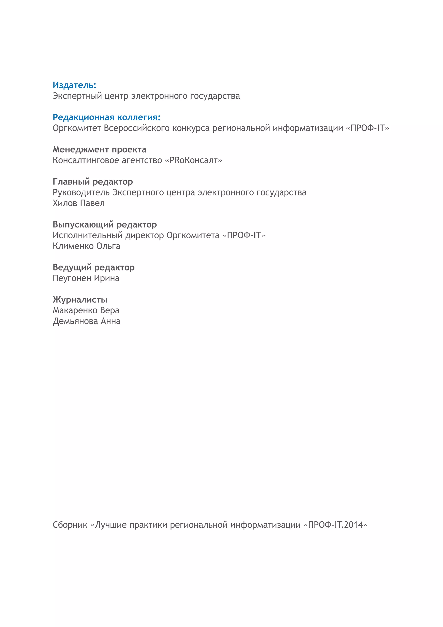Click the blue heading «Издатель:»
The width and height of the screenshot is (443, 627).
point(74,85)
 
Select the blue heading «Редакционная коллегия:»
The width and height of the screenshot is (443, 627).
point(106,118)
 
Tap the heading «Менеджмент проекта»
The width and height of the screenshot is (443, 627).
point(99,150)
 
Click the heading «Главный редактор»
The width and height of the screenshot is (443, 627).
point(93,182)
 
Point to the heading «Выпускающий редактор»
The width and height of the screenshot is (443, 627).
point(104,225)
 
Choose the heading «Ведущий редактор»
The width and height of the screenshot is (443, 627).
point(93,268)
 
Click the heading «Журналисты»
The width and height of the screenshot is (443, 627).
point(80,300)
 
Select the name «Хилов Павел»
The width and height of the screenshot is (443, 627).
point(79,203)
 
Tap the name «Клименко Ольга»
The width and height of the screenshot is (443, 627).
point(86,246)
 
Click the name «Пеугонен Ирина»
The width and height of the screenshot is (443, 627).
point(86,278)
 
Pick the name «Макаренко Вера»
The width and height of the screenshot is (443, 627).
point(86,311)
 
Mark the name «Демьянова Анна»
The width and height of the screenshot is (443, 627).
point(86,321)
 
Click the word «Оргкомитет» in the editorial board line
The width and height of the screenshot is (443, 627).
point(77,128)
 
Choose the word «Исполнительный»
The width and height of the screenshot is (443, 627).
point(87,235)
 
